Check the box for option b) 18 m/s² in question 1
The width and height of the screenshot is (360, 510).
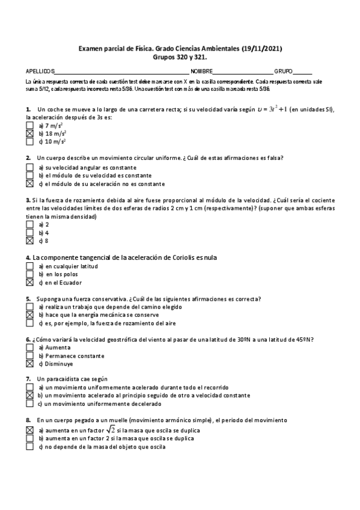(29, 134)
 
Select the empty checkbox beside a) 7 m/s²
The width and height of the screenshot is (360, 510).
(29, 126)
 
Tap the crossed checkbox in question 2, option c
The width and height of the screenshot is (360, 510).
(29, 184)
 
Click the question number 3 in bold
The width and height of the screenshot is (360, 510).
(28, 200)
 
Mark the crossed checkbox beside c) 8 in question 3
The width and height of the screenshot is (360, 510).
(29, 241)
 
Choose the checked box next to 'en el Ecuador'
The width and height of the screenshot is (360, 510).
(29, 282)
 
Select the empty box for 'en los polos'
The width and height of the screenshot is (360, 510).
(29, 274)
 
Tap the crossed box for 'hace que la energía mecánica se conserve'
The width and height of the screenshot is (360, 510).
(29, 315)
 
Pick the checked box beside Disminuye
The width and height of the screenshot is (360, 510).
(29, 363)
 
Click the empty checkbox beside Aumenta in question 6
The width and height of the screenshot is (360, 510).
(29, 348)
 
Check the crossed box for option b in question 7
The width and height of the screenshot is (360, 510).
(29, 396)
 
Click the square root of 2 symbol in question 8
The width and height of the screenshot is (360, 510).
(110, 429)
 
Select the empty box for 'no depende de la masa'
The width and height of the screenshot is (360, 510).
(29, 447)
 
